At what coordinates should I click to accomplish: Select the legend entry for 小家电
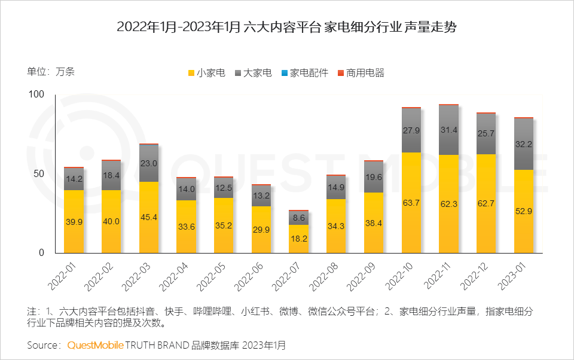click(207, 74)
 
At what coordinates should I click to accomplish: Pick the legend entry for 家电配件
click(304, 74)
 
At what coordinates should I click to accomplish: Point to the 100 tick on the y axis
click(37, 94)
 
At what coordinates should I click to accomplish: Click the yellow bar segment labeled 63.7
click(411, 202)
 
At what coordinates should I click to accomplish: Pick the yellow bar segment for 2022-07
click(298, 239)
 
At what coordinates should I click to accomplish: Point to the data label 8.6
click(298, 219)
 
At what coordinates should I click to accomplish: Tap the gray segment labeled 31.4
click(448, 130)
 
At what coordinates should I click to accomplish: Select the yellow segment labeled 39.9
click(74, 221)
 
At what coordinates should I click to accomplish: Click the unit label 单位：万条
click(51, 72)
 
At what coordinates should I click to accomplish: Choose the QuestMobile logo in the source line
click(96, 346)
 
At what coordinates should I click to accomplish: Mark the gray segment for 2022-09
click(374, 177)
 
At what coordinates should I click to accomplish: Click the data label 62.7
click(486, 203)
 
